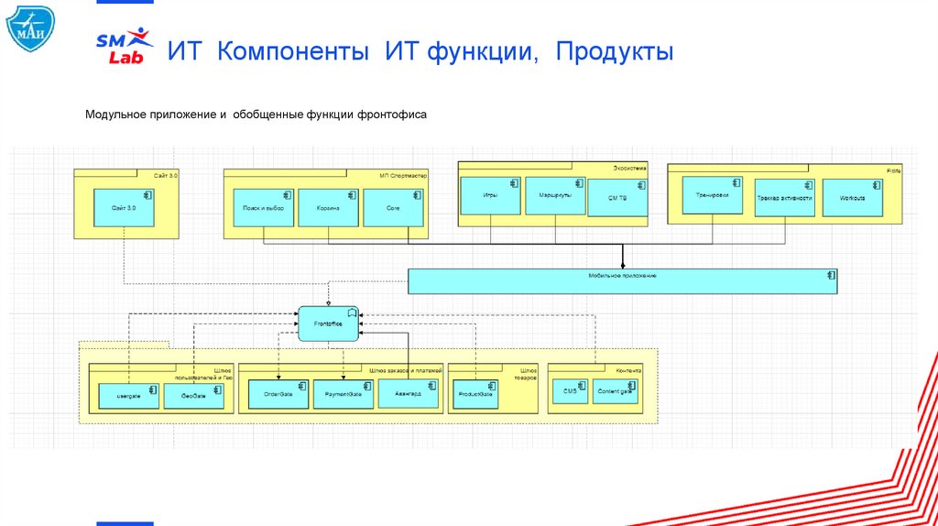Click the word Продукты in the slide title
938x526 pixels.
pos(613,51)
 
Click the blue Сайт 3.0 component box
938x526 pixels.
pos(125,208)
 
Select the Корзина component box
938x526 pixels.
pos(327,208)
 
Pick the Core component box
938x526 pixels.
pos(394,208)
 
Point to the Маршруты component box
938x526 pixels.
pos(555,196)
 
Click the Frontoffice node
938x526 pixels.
pos(327,323)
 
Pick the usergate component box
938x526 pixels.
pos(128,395)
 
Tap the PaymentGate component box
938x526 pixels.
pos(343,394)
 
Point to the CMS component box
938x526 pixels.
pos(569,391)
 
